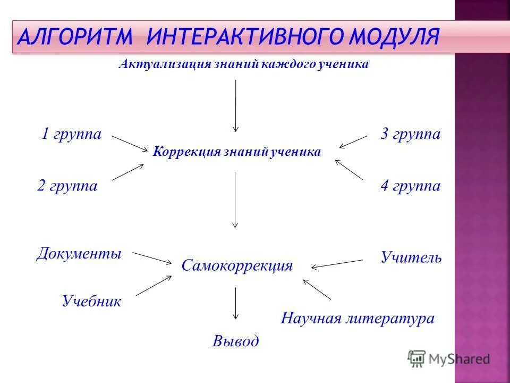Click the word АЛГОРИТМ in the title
click(x=74, y=37)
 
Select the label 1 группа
click(x=71, y=134)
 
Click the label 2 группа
click(x=67, y=186)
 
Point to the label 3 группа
click(x=410, y=134)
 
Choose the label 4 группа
click(x=410, y=186)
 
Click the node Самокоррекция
click(x=237, y=265)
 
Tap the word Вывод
click(x=235, y=341)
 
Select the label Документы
click(x=79, y=253)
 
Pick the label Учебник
click(x=91, y=302)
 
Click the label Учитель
click(x=411, y=258)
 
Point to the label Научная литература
click(x=358, y=319)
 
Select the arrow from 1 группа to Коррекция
click(x=130, y=143)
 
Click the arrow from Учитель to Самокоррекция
click(x=337, y=264)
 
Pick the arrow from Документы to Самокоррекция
click(x=151, y=257)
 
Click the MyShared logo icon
click(x=417, y=359)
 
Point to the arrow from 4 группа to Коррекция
click(x=350, y=170)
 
